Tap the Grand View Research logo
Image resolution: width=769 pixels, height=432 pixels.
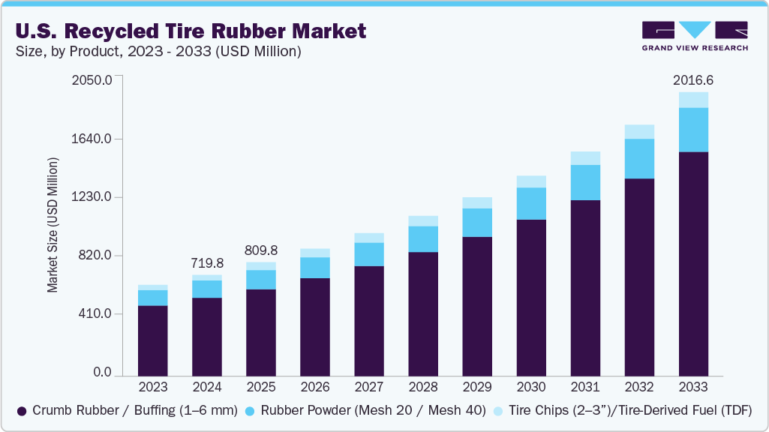(x=694, y=36)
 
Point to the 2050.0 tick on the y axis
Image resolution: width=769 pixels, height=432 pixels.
(x=91, y=80)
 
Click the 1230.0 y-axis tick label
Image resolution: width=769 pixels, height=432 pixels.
(x=91, y=197)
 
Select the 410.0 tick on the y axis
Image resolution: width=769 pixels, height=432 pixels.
(x=94, y=314)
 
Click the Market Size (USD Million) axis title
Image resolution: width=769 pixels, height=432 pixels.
(x=53, y=225)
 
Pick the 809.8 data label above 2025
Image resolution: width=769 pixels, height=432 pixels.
(x=261, y=250)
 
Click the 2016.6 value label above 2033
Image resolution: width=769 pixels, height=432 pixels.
(x=693, y=80)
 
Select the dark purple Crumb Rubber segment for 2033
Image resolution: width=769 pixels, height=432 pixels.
(x=693, y=262)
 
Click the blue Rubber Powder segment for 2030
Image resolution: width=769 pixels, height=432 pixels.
(x=531, y=203)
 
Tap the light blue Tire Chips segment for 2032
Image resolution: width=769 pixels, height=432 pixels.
(x=639, y=131)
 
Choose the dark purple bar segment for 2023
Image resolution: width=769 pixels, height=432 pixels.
(x=153, y=340)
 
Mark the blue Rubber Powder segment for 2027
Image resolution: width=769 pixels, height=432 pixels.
(x=369, y=254)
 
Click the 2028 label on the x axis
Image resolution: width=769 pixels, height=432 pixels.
(x=423, y=387)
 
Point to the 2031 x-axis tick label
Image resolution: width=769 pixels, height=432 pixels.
(x=585, y=387)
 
